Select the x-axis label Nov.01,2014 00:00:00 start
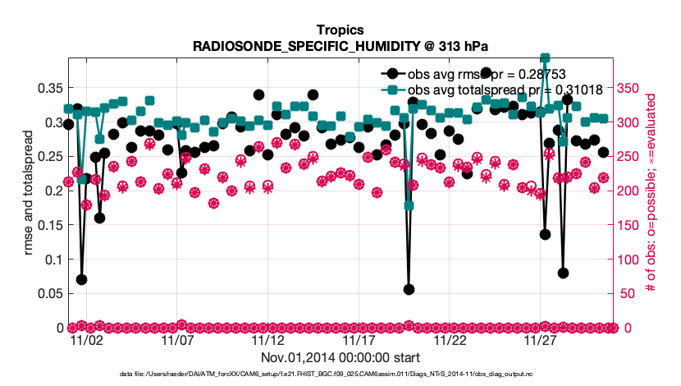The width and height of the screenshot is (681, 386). [340, 357]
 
